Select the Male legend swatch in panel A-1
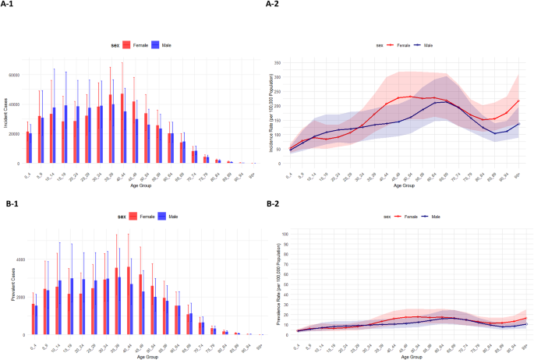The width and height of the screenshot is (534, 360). [156, 45]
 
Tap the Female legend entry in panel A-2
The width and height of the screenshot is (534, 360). [398, 46]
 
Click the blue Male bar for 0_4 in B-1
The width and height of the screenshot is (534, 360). [35, 319]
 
